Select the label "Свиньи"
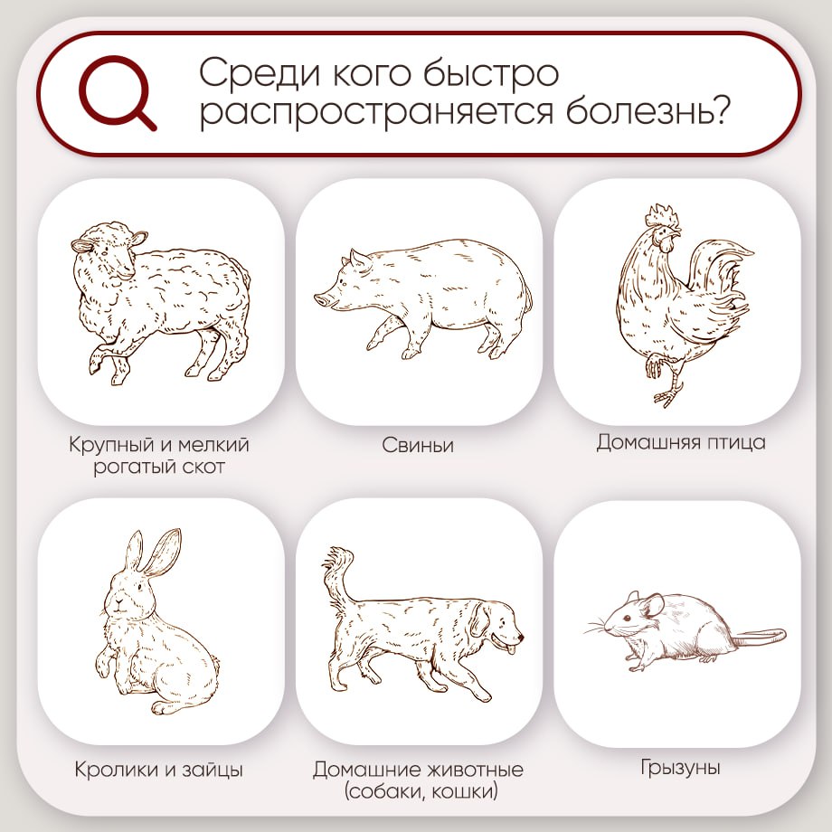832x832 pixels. [417, 446]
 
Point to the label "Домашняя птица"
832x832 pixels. [680, 442]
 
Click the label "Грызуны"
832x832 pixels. [680, 769]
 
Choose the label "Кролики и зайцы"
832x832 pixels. [159, 771]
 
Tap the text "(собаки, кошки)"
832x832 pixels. [418, 792]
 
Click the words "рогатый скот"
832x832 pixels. [159, 468]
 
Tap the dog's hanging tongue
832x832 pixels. [513, 644]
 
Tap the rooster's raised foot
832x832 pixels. [654, 366]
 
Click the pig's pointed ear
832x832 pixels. [358, 262]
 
